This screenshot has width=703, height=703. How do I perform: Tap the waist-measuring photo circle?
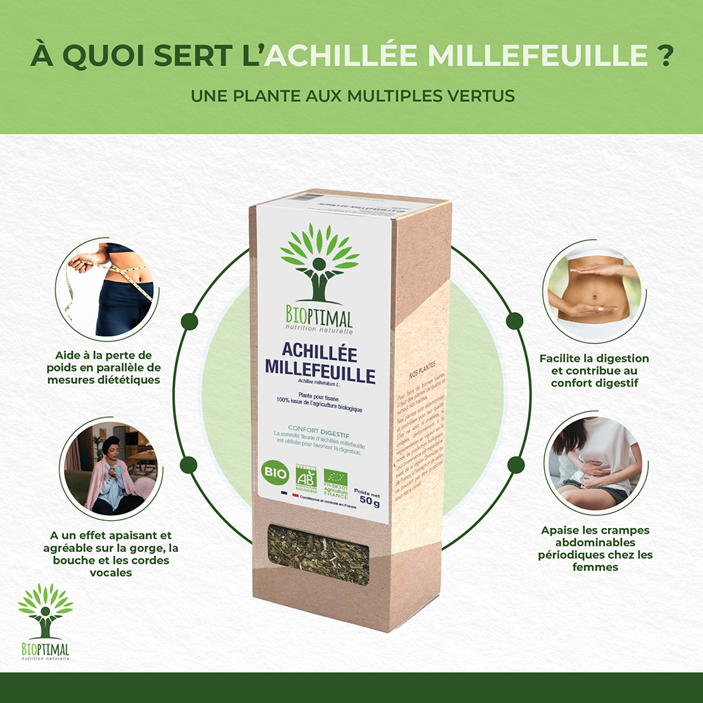click(105, 288)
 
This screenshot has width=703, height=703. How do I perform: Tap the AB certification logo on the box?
click(305, 477)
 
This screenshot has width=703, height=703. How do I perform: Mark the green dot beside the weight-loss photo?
click(188, 321)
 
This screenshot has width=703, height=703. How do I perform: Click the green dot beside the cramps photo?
click(515, 464)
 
